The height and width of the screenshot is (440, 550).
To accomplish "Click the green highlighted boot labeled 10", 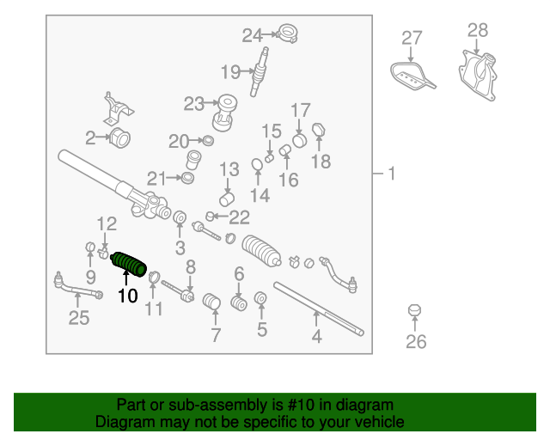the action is pyautogui.click(x=128, y=265).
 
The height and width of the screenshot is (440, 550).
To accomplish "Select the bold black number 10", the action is pyautogui.click(x=128, y=296).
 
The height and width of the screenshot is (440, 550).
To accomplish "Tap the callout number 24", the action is pyautogui.click(x=252, y=35).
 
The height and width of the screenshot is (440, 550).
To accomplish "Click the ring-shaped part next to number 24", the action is pyautogui.click(x=287, y=34).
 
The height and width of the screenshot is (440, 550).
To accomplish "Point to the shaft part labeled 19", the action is pyautogui.click(x=260, y=72).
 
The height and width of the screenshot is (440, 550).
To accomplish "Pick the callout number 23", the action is pyautogui.click(x=194, y=104).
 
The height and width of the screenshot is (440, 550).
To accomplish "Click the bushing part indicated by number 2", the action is pyautogui.click(x=120, y=137).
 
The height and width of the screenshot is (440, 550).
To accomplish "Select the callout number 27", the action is pyautogui.click(x=412, y=38).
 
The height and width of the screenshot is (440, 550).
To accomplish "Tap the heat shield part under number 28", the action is pyautogui.click(x=478, y=76).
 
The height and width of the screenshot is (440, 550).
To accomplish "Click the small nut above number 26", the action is pyautogui.click(x=414, y=310).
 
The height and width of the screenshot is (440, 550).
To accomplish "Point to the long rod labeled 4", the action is pyautogui.click(x=319, y=309).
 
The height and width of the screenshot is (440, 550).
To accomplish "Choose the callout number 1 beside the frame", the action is pyautogui.click(x=392, y=174).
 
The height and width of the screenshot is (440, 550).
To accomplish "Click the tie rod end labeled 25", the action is pyautogui.click(x=78, y=286).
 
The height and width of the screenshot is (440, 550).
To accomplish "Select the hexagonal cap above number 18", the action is pyautogui.click(x=319, y=130).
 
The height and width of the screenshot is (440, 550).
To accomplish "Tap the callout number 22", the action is pyautogui.click(x=239, y=217).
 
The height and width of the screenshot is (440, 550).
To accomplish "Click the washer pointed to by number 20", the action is pyautogui.click(x=208, y=141).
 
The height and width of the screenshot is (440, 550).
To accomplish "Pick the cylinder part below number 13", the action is pyautogui.click(x=227, y=199).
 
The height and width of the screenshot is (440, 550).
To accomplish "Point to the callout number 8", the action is pyautogui.click(x=191, y=267).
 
